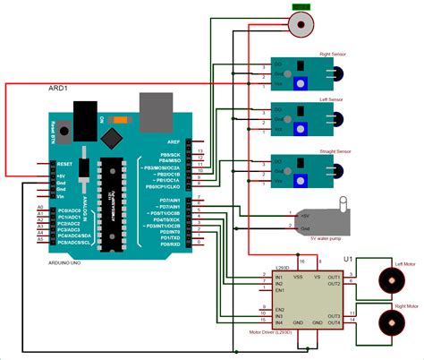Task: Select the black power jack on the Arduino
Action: point(86,116)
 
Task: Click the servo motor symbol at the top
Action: point(300,21)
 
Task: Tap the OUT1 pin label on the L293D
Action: point(333,277)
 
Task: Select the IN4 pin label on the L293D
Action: point(280,321)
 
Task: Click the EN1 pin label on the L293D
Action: point(280,291)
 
